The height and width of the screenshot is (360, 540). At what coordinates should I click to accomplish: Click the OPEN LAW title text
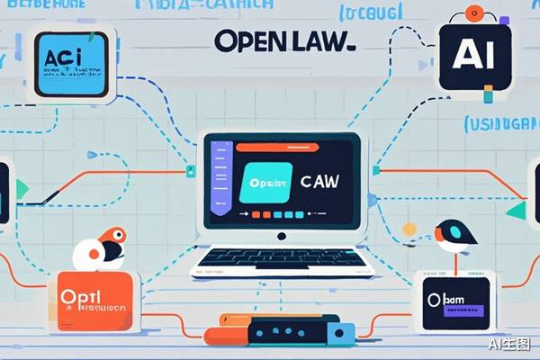pyautogui.click(x=284, y=41)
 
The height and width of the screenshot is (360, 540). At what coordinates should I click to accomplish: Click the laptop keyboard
pyautogui.click(x=283, y=259)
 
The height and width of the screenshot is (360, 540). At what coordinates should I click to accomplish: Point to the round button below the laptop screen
pyautogui.click(x=282, y=236)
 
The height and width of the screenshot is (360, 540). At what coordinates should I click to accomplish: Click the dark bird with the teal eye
pyautogui.click(x=454, y=236)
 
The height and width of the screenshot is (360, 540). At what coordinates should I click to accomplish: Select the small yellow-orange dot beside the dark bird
pyautogui.click(x=409, y=229)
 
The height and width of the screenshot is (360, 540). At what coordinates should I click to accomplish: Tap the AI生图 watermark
pyautogui.click(x=509, y=344)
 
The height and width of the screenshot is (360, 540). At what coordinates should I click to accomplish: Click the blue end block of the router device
pyautogui.click(x=341, y=335)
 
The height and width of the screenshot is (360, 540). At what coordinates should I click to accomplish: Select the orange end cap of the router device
pyautogui.click(x=213, y=337)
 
